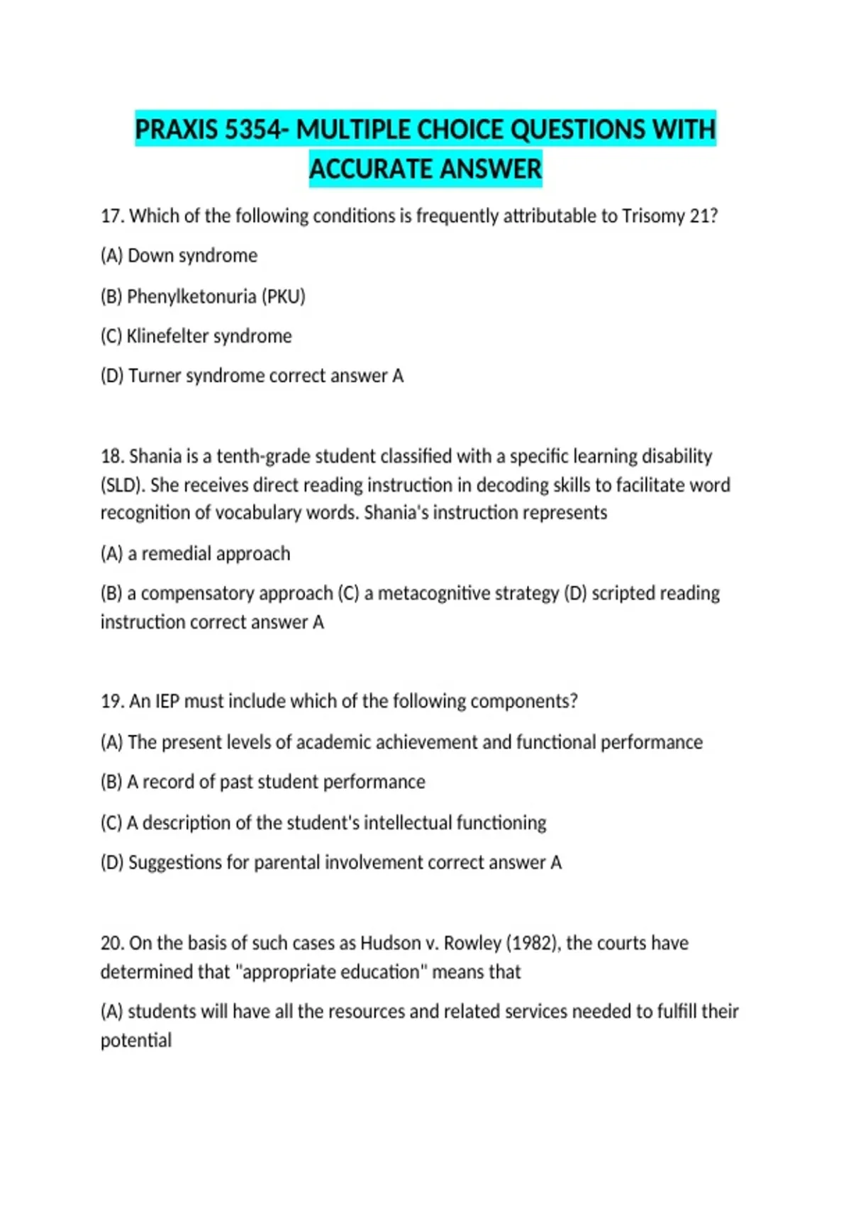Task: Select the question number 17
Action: click(112, 215)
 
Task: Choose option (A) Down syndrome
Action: click(179, 255)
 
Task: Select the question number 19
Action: click(112, 701)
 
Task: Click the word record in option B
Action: click(168, 781)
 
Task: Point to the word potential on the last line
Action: click(136, 1040)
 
